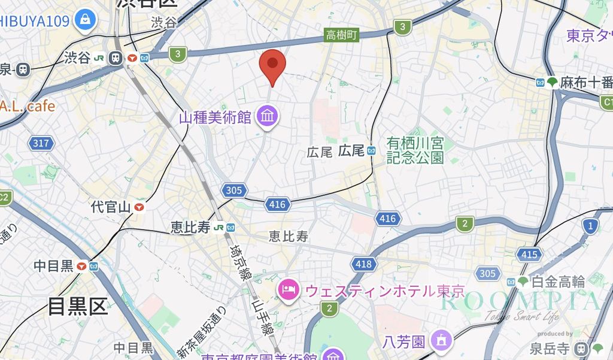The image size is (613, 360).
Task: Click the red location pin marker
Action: tap(272, 65)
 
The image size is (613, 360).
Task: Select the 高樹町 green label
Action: tap(341, 35)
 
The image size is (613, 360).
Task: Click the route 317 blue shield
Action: tap(41, 143)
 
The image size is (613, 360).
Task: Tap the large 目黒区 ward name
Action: tap(78, 306)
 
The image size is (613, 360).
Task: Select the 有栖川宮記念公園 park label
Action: tap(415, 150)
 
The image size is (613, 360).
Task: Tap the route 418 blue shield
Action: tap(363, 264)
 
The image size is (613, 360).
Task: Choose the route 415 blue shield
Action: tap(529, 255)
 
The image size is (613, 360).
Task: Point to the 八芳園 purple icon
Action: tap(442, 341)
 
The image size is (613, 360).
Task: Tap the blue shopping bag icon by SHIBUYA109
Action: tap(85, 20)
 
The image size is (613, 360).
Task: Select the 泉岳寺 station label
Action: tap(550, 348)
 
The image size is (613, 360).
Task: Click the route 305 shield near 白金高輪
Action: tap(487, 274)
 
